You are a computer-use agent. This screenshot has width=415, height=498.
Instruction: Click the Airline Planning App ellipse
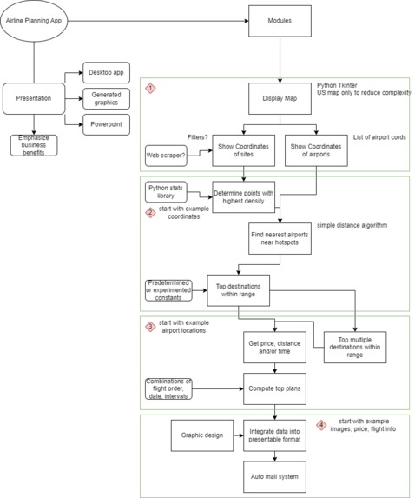coord(34,21)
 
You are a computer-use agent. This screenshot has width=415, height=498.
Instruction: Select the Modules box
coord(280,21)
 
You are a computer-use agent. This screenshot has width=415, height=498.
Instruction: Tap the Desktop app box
coord(106,73)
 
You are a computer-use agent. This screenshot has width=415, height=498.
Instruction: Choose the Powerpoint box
coord(106,124)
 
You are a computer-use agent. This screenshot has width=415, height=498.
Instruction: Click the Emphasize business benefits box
coord(34,145)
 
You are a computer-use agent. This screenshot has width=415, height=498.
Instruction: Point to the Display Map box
coord(280,98)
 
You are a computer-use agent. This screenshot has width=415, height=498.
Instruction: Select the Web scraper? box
coord(166,156)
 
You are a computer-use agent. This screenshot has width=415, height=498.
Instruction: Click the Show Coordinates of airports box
coord(316,150)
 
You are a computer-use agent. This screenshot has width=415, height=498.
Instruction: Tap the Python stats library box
coord(166,192)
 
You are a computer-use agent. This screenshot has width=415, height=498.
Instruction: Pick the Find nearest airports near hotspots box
coord(280,238)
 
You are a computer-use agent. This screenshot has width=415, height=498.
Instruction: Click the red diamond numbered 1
coord(150,88)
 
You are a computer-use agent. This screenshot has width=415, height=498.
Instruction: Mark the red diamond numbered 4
coord(321,425)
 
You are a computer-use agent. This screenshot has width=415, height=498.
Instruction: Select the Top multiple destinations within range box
coord(355,348)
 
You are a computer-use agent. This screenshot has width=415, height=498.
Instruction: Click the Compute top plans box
coord(274,388)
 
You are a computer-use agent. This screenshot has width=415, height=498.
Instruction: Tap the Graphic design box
coord(202,435)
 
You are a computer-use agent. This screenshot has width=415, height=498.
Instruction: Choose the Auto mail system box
coord(274,477)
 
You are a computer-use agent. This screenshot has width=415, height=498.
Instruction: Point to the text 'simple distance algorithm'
coord(352,225)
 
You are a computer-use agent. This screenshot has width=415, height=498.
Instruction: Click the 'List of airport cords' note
coord(379,137)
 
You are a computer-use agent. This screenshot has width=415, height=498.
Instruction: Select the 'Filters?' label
coord(197,137)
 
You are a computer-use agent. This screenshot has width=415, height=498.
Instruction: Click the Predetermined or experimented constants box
coord(168,290)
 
